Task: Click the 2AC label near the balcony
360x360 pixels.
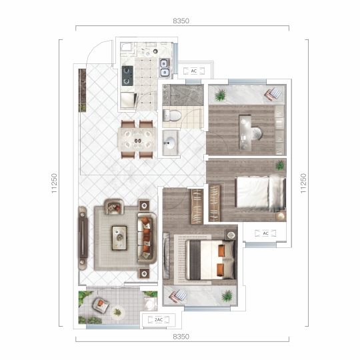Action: click(x=159, y=319)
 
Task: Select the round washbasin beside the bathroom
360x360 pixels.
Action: click(x=169, y=142)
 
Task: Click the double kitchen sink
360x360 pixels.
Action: click(x=165, y=67)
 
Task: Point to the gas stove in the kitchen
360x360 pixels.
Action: click(x=127, y=75)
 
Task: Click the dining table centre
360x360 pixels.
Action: click(x=137, y=139)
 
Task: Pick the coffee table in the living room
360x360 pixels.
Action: click(x=119, y=238)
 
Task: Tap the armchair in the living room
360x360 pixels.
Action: click(x=114, y=207)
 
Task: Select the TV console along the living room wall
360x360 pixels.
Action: click(x=83, y=237)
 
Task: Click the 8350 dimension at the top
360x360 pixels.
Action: click(x=181, y=21)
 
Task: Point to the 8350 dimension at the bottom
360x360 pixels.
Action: click(x=181, y=337)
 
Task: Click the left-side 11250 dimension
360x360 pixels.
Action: click(x=54, y=183)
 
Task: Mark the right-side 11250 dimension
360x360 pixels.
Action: click(x=303, y=183)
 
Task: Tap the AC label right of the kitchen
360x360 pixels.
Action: click(x=194, y=71)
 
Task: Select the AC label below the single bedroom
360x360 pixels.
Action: click(x=265, y=233)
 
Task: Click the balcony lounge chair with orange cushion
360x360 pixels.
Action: click(x=101, y=305)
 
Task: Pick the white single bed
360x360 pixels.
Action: click(x=260, y=193)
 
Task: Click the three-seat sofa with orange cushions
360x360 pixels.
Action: click(x=147, y=238)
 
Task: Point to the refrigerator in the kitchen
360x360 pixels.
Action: click(x=127, y=100)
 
